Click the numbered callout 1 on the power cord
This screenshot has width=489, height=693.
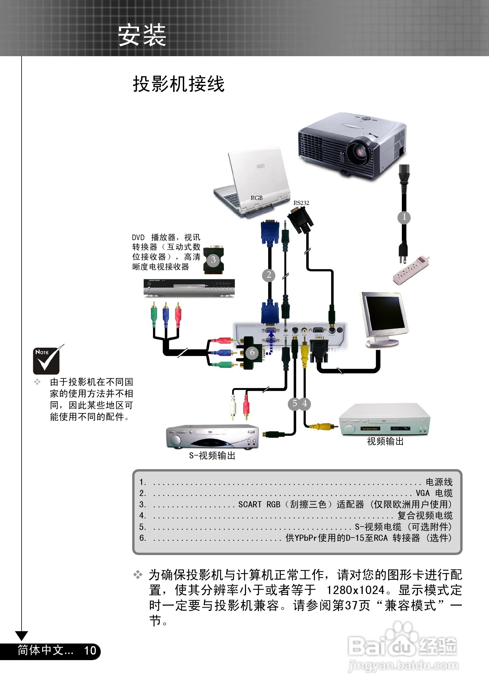404,217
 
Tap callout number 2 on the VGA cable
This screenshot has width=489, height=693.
268,275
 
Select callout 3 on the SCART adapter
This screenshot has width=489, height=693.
213,260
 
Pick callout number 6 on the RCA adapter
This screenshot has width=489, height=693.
252,352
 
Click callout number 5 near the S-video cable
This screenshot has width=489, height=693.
295,403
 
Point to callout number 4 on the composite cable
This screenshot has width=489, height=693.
305,403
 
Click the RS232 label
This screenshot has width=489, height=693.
301,203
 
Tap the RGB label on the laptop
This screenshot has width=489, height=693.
256,198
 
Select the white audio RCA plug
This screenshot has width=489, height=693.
233,406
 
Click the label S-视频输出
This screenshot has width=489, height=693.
212,455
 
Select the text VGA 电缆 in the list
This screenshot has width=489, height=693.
434,493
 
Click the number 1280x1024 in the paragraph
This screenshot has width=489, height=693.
356,590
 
